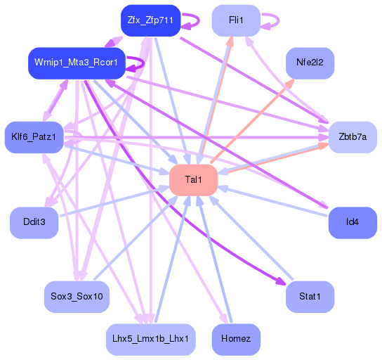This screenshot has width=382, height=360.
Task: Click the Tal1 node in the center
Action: pyautogui.click(x=193, y=180)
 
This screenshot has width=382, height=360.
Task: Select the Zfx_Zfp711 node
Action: pyautogui.click(x=151, y=20)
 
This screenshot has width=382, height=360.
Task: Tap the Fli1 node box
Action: pyautogui.click(x=236, y=20)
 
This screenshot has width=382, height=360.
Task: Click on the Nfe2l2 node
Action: pyautogui.click(x=310, y=63)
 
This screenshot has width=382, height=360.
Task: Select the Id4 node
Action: pyautogui.click(x=353, y=222)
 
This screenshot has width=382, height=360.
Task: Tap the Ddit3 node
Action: pyautogui.click(x=34, y=222)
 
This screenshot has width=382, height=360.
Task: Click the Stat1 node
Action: pyautogui.click(x=310, y=297)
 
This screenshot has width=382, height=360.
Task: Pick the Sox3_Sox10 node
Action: pyautogui.click(x=77, y=297)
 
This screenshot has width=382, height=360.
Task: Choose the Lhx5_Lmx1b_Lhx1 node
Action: pyautogui.click(x=150, y=339)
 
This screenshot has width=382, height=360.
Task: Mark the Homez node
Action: pyautogui.click(x=236, y=339)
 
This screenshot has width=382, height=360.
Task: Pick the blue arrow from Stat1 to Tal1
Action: pyautogui.click(x=253, y=239)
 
